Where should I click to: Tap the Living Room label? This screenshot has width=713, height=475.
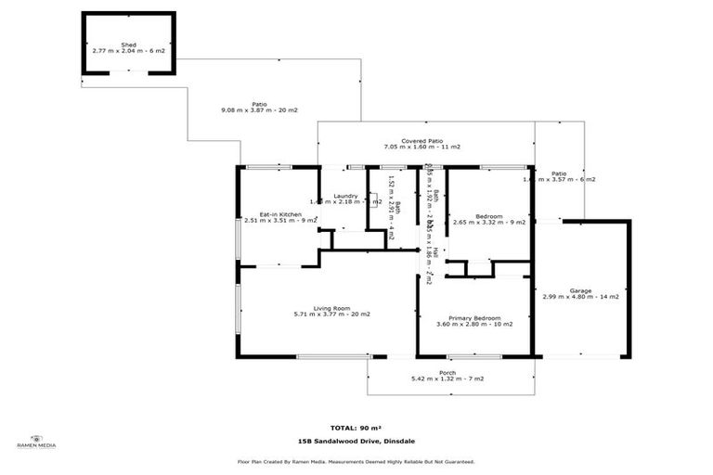[x=331, y=308]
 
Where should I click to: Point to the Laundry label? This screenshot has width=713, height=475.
[x=346, y=196]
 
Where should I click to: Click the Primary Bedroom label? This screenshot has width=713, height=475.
[x=473, y=317]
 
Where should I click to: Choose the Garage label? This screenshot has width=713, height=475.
[x=581, y=290]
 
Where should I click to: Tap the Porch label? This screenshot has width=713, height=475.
[x=447, y=372]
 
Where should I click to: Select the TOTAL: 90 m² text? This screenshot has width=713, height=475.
[x=356, y=428]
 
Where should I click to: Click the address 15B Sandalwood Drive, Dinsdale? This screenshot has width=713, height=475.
[x=356, y=442]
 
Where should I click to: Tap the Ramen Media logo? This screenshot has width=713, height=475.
[x=36, y=442]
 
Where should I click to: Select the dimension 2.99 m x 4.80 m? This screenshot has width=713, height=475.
[x=570, y=297]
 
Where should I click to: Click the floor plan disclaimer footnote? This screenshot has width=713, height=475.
[x=356, y=461]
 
